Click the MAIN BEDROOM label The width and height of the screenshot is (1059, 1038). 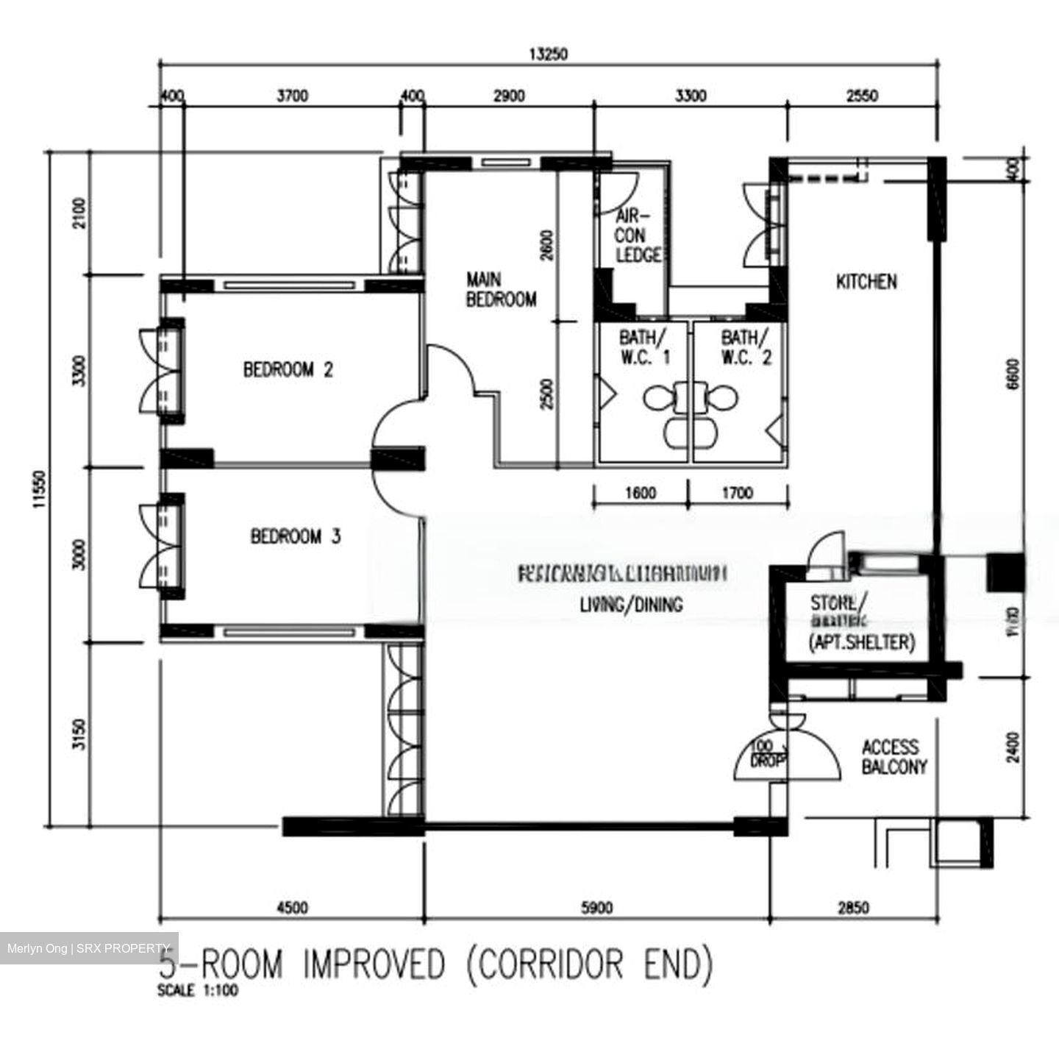coord(501,289)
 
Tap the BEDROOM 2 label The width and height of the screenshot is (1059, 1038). coord(288,369)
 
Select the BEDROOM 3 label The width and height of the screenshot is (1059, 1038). coord(295,536)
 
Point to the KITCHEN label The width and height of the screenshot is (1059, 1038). coord(866,282)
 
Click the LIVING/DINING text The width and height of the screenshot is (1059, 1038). coord(631,605)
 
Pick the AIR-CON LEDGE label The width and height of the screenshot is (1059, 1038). coord(637,236)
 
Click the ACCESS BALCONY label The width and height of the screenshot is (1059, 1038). coord(894,757)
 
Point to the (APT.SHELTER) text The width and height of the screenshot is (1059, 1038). coord(861,642)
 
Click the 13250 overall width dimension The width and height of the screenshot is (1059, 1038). coord(548,54)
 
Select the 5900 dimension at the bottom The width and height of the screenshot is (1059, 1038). coord(596,908)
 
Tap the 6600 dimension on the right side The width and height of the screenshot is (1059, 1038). coord(1013,375)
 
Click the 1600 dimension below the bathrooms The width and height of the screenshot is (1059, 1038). coord(640,493)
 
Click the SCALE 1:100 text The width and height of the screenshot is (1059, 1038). coord(198,990)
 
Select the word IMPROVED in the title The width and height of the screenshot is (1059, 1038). coord(374,964)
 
